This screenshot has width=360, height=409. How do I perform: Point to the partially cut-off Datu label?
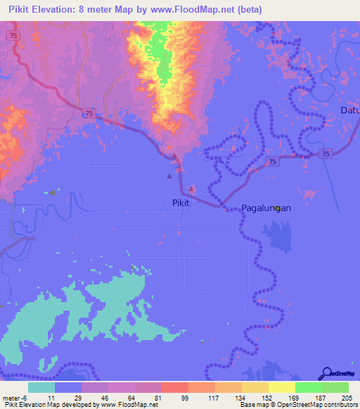[x=349, y=110]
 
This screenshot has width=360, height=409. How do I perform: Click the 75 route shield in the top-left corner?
[x=13, y=34]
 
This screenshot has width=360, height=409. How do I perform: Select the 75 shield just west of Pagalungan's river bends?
[x=271, y=162]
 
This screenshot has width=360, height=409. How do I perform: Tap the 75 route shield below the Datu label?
[x=323, y=153]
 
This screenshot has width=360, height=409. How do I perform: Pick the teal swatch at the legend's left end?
[x=41, y=387]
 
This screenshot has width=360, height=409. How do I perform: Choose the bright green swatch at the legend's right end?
[x=335, y=387]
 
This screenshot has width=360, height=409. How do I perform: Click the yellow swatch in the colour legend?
[x=282, y=387]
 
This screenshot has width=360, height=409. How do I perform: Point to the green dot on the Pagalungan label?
[x=278, y=208]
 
